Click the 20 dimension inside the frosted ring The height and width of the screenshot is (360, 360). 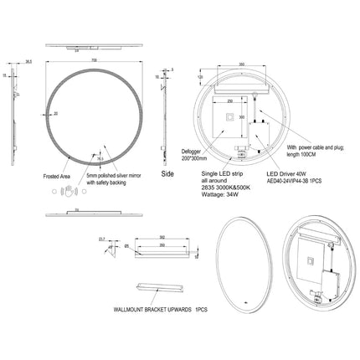click(55, 112)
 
